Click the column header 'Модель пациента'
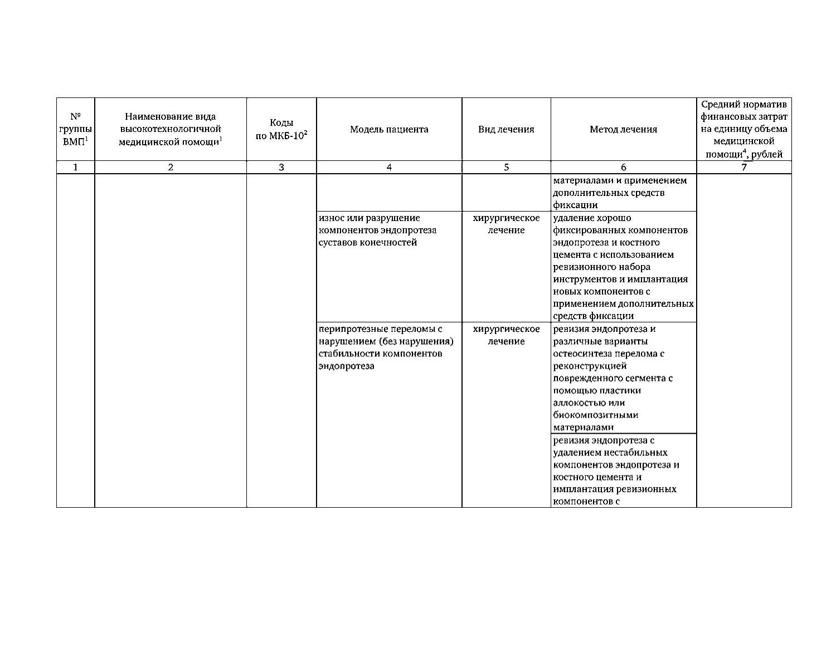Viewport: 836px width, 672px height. pyautogui.click(x=389, y=130)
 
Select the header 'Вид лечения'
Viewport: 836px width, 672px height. pyautogui.click(x=506, y=130)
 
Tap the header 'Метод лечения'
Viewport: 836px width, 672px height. pyautogui.click(x=623, y=130)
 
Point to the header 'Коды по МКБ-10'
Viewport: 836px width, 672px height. pyautogui.click(x=281, y=130)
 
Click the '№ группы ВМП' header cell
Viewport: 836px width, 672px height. pyautogui.click(x=75, y=130)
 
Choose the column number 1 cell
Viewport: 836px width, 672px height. pyautogui.click(x=75, y=167)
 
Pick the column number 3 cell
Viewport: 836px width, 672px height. pyautogui.click(x=281, y=167)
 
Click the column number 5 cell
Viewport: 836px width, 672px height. pyautogui.click(x=506, y=167)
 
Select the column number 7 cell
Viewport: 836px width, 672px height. pyautogui.click(x=743, y=167)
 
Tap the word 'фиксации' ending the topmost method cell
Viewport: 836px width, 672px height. pyautogui.click(x=575, y=205)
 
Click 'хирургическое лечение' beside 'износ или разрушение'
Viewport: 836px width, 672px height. pyautogui.click(x=506, y=224)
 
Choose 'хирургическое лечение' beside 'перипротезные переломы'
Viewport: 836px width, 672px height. pyautogui.click(x=506, y=335)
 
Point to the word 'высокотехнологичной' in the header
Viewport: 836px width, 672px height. pyautogui.click(x=171, y=129)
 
